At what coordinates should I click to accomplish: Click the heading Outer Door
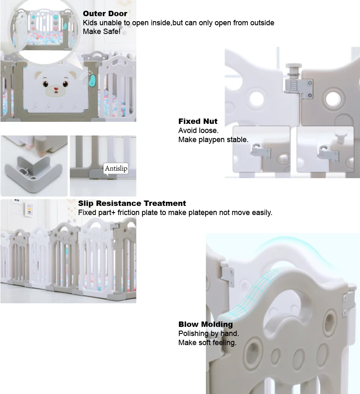[x=105, y=14]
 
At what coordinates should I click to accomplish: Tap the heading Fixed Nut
[x=198, y=121]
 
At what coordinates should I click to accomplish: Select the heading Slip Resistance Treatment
[x=132, y=203]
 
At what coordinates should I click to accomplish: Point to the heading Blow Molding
[x=205, y=324]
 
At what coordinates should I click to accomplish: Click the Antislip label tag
[x=116, y=168]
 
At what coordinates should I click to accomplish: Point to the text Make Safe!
[x=101, y=31]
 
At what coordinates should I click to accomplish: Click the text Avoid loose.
[x=198, y=131]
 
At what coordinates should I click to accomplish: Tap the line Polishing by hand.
[x=208, y=334]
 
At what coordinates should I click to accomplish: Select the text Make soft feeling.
[x=207, y=343]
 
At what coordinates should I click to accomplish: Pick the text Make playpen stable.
[x=213, y=140]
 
